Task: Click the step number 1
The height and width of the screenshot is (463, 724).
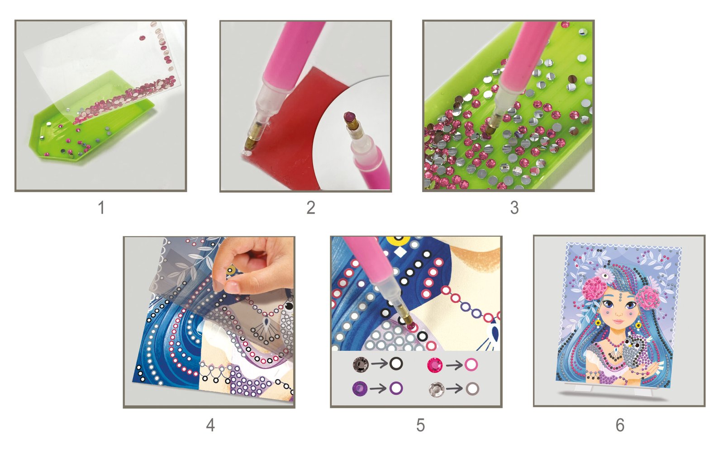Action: click(x=101, y=207)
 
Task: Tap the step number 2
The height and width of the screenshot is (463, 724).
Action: click(x=310, y=207)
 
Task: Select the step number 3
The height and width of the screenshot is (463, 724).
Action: click(x=514, y=207)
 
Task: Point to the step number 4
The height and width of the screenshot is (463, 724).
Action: click(x=210, y=425)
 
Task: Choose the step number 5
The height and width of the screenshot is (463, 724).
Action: click(x=420, y=425)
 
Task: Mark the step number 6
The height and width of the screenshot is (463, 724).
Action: click(x=620, y=425)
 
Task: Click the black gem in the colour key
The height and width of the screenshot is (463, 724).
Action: click(x=360, y=364)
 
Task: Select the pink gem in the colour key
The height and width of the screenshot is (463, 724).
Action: click(x=435, y=365)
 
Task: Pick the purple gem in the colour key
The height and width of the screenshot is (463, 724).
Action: click(x=360, y=388)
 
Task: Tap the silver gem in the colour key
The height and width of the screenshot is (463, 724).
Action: click(x=436, y=389)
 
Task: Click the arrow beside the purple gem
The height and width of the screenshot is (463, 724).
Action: click(x=378, y=389)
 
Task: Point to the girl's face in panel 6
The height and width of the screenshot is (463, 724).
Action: click(x=618, y=310)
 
